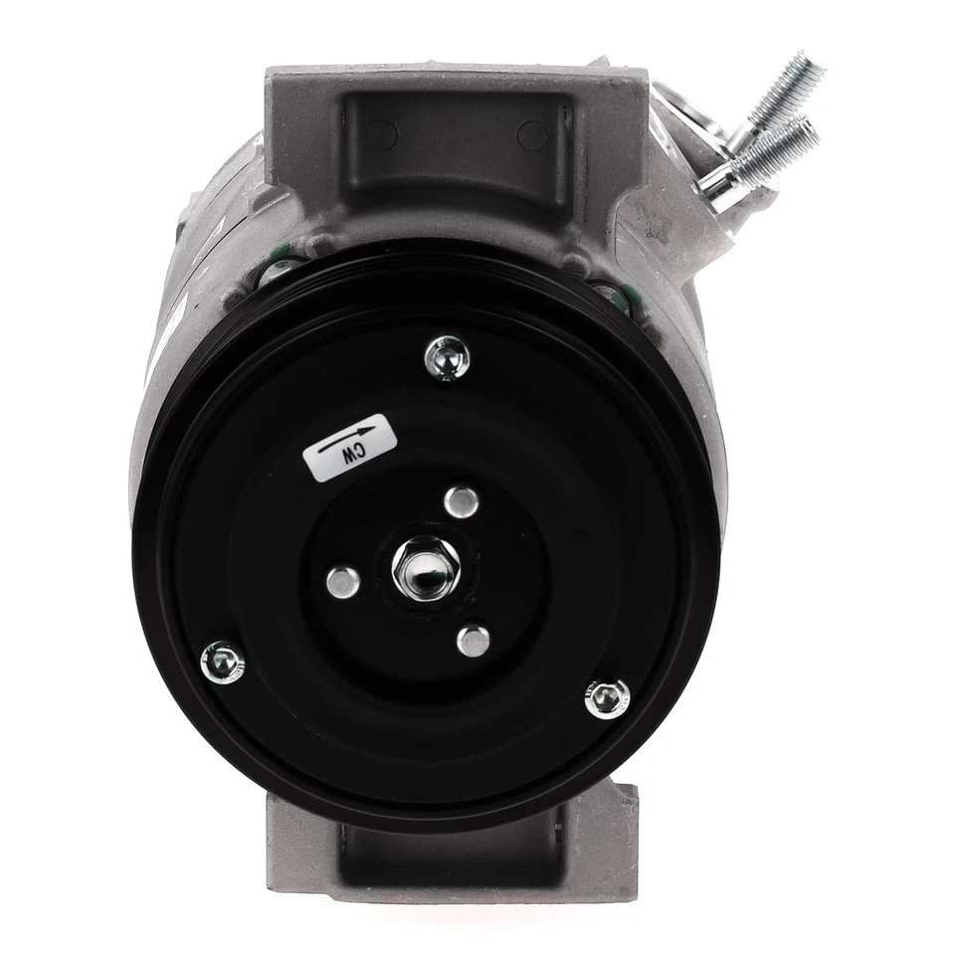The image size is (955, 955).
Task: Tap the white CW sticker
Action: pyautogui.click(x=349, y=447)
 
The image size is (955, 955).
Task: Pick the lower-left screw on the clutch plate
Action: pyautogui.click(x=222, y=661)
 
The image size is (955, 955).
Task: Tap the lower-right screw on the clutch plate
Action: pyautogui.click(x=607, y=698)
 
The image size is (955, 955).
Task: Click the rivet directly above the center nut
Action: pyautogui.click(x=462, y=501)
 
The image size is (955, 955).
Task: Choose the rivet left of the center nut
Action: pyautogui.click(x=342, y=582)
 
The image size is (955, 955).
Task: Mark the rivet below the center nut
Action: pyautogui.click(x=474, y=640)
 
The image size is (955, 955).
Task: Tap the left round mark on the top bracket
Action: pyautogui.click(x=380, y=133)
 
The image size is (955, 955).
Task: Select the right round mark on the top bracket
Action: pyautogui.click(x=533, y=135)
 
